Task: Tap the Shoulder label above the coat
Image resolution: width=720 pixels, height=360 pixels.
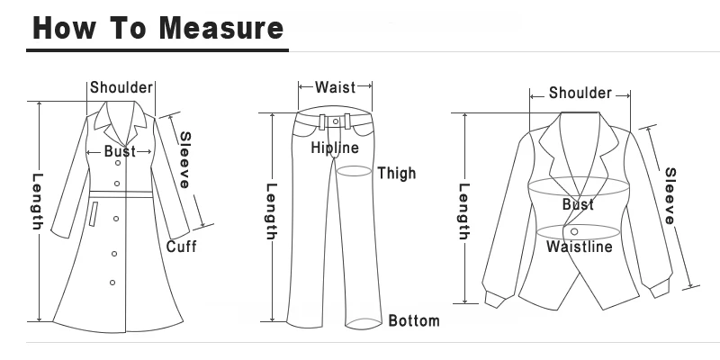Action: pos(121,88)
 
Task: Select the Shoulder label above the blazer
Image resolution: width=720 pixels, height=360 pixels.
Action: pos(580,93)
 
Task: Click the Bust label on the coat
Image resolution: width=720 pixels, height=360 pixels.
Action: pos(120,151)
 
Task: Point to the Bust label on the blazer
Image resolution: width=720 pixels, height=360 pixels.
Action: pos(579,205)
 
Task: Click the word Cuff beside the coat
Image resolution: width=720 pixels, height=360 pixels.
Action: pos(181,247)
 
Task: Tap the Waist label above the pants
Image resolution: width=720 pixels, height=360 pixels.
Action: pos(335,87)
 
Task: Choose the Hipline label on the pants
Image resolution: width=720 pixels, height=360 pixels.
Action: pos(335,148)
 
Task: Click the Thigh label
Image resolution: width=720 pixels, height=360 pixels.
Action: pos(397,173)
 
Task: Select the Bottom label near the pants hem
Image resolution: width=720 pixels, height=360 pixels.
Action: pos(414,320)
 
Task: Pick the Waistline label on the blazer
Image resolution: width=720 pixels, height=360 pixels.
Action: pos(580,247)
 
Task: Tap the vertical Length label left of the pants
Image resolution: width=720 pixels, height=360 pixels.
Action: pos(271,212)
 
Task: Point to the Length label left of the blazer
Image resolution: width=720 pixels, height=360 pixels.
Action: pos(464,212)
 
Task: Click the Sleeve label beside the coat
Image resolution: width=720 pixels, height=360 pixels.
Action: pos(184,160)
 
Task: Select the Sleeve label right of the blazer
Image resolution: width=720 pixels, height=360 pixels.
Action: pos(670,195)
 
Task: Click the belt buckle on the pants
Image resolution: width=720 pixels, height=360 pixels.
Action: pos(335,120)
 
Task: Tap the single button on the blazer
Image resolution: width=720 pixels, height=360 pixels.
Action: pos(575,233)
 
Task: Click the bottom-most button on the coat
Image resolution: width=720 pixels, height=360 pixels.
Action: pos(112,283)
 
